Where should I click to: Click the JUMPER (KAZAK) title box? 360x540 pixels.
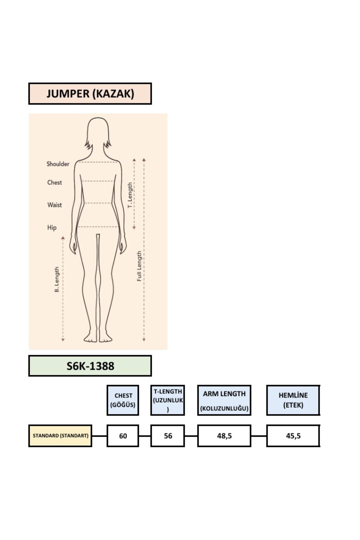[x=90, y=94]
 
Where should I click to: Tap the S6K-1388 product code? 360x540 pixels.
[x=90, y=366]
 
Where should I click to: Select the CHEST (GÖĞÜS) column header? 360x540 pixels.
[x=123, y=400]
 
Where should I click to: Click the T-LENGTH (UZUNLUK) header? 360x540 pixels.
[x=168, y=400]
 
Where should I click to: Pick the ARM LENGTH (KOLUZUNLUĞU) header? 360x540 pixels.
[x=224, y=400]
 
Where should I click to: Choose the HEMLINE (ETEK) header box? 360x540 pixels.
[x=293, y=400]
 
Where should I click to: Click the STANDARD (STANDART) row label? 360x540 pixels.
[x=60, y=436]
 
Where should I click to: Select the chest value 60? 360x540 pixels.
[x=123, y=436]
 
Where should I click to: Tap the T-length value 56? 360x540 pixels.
[x=168, y=436]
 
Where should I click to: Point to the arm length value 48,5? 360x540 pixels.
[x=224, y=436]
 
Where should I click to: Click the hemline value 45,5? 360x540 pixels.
[x=293, y=436]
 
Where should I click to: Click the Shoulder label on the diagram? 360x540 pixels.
[x=58, y=164]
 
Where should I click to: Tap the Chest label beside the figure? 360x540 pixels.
[x=55, y=182]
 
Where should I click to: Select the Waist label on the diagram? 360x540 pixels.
[x=55, y=205]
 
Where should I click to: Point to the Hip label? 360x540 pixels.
[x=52, y=228]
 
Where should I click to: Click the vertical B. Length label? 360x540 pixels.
[x=57, y=280]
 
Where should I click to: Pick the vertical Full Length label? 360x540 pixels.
[x=139, y=266]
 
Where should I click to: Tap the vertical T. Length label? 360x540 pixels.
[x=130, y=195]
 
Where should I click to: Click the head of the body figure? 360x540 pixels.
[x=98, y=132]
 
